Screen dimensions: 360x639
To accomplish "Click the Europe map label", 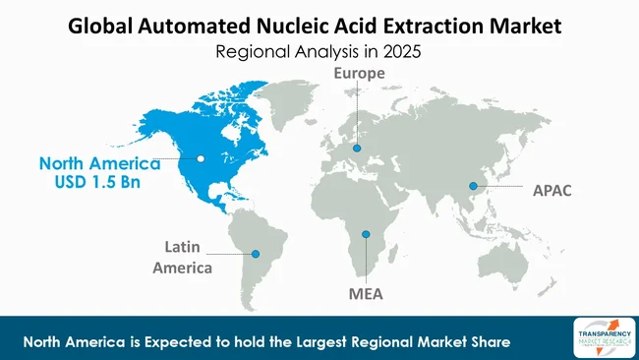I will (x=357, y=74).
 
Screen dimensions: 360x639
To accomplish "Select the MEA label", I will (x=366, y=293).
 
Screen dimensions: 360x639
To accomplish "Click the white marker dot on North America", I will (x=201, y=157).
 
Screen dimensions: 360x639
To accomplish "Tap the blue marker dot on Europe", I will (x=357, y=149).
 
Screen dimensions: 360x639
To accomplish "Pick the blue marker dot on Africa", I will (x=366, y=234).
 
